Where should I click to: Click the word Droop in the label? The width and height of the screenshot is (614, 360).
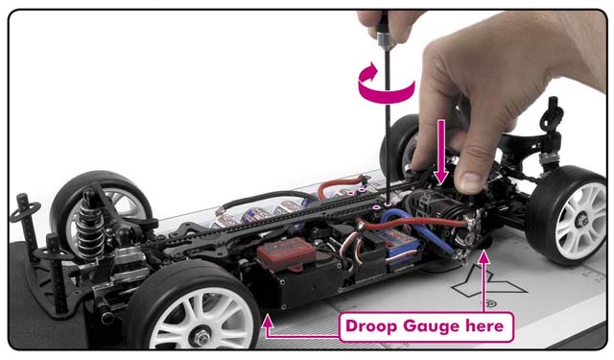click(x=371, y=326)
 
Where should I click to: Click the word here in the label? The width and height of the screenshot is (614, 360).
click(x=484, y=325)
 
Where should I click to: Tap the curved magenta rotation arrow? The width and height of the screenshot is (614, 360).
click(x=386, y=84)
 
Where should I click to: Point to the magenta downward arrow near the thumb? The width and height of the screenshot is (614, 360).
click(x=441, y=152)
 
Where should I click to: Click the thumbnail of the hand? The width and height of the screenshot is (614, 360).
click(x=471, y=182)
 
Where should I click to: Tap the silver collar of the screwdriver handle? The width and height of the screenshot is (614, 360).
click(x=385, y=40)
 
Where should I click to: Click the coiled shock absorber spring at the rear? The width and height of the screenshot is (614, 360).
click(x=89, y=231)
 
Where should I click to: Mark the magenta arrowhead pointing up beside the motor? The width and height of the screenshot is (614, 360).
click(x=484, y=257)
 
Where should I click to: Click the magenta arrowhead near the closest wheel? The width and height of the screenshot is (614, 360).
click(x=268, y=322)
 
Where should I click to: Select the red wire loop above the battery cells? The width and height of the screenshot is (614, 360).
click(x=341, y=184)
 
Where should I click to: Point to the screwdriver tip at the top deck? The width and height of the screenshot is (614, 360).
click(x=388, y=204)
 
